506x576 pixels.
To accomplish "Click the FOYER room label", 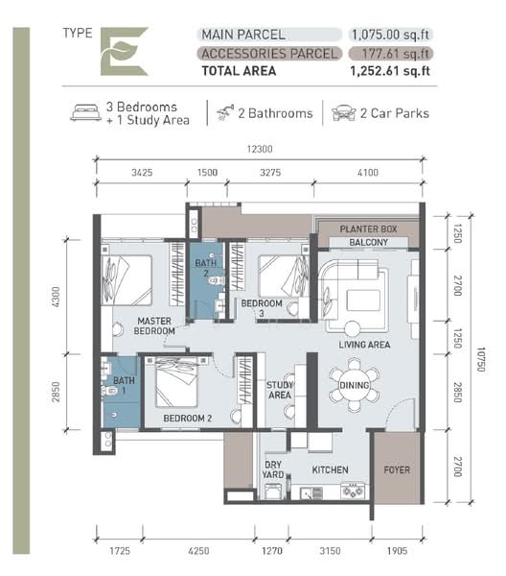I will tap(396, 470).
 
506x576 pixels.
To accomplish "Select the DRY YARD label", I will tap(274, 470).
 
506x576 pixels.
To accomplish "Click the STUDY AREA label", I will tap(279, 389).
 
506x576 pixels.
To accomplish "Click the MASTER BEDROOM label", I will tap(154, 325).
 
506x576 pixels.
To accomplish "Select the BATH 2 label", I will tap(205, 268).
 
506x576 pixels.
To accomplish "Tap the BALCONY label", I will tap(368, 243).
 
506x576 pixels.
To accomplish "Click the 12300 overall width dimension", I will tap(258, 148).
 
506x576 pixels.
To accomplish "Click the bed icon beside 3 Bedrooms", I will tap(85, 113).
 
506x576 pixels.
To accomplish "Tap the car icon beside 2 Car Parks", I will tap(340, 113).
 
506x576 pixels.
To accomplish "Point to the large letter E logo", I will tap(124, 52).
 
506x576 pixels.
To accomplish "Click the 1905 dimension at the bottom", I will tap(396, 551).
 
